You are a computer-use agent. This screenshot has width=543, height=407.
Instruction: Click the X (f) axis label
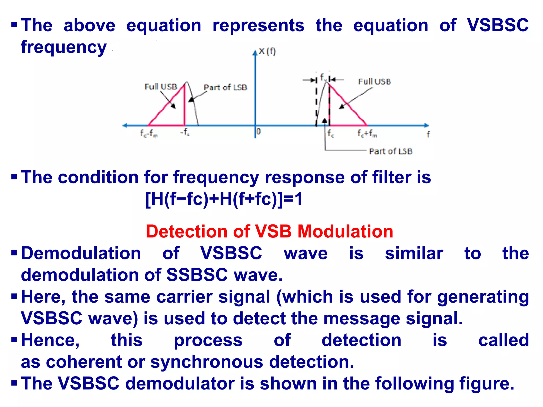coord(267,51)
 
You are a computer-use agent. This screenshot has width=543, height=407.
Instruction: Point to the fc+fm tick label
coord(367,134)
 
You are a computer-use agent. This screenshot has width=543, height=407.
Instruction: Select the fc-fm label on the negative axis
coord(149,134)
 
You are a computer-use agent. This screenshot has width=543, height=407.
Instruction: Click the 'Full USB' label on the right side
coord(375,81)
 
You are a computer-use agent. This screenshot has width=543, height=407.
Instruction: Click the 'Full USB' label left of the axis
coord(161,87)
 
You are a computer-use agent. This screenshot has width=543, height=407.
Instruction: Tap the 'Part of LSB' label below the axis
coord(391,151)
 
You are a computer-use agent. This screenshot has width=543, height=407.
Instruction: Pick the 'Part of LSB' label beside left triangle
coord(225,87)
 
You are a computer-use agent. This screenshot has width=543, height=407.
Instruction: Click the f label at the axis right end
coord(428,134)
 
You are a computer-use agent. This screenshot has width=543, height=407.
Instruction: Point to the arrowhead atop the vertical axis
coord(255,53)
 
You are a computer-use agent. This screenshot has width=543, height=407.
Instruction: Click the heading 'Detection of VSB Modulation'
coord(269,231)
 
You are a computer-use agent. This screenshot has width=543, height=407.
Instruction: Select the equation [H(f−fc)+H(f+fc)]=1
coord(224,199)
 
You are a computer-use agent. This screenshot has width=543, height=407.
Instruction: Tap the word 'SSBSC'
coord(197,275)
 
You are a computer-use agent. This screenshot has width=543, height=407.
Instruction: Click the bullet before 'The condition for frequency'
coord(14,176)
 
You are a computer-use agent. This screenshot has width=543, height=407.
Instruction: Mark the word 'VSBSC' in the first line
coord(498,25)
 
